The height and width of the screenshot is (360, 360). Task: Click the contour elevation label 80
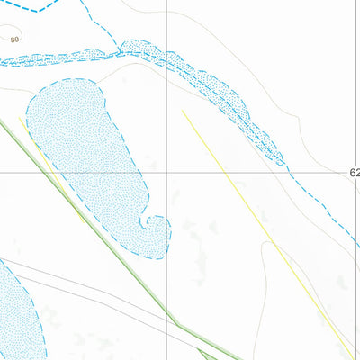(14, 40)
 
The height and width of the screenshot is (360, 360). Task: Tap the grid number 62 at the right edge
(353, 172)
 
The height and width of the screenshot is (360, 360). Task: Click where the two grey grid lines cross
(167, 172)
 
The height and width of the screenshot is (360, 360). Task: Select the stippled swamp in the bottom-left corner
(14, 310)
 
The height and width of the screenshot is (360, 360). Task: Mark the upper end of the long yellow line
(183, 112)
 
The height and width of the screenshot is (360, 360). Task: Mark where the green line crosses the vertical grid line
(167, 314)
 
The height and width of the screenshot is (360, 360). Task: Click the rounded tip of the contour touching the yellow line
(266, 243)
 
